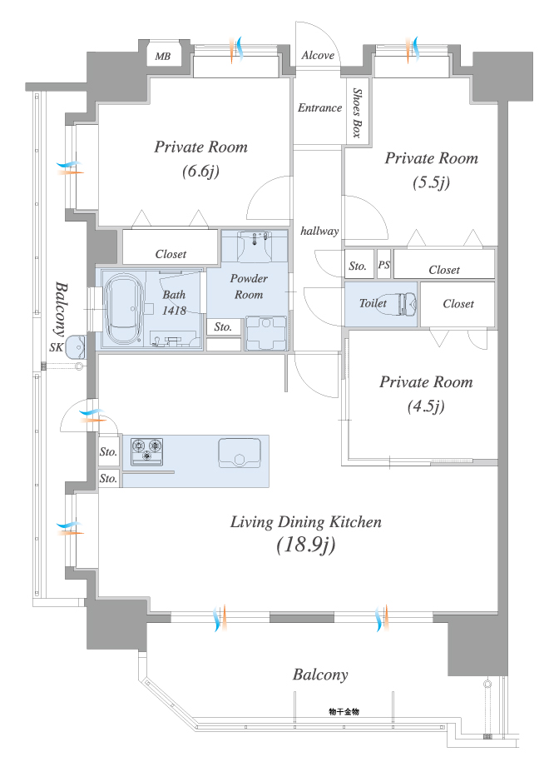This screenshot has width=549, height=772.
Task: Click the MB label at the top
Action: [x=163, y=57]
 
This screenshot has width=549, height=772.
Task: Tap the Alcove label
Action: [x=318, y=55]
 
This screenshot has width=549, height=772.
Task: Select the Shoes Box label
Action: [x=357, y=113]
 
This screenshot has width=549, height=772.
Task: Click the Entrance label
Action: [x=319, y=107]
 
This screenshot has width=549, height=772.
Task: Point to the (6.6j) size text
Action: [x=200, y=171]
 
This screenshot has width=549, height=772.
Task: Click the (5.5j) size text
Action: [x=431, y=182]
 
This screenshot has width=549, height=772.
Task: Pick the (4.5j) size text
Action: [x=426, y=406]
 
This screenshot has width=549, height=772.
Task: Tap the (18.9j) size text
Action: [x=306, y=545]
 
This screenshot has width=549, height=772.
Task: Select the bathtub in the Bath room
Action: [x=124, y=309]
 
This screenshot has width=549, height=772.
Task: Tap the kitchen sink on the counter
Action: [x=240, y=452]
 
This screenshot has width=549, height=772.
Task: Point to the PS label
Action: [x=384, y=264]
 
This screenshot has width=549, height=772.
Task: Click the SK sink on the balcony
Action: [x=75, y=346]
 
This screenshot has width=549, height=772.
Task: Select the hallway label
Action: [x=319, y=231]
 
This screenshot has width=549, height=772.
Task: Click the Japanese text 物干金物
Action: [x=344, y=711]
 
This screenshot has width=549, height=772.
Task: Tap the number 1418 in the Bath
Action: [x=175, y=310]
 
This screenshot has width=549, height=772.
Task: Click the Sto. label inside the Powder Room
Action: [x=223, y=327]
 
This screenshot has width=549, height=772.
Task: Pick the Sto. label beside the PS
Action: [x=358, y=266]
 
